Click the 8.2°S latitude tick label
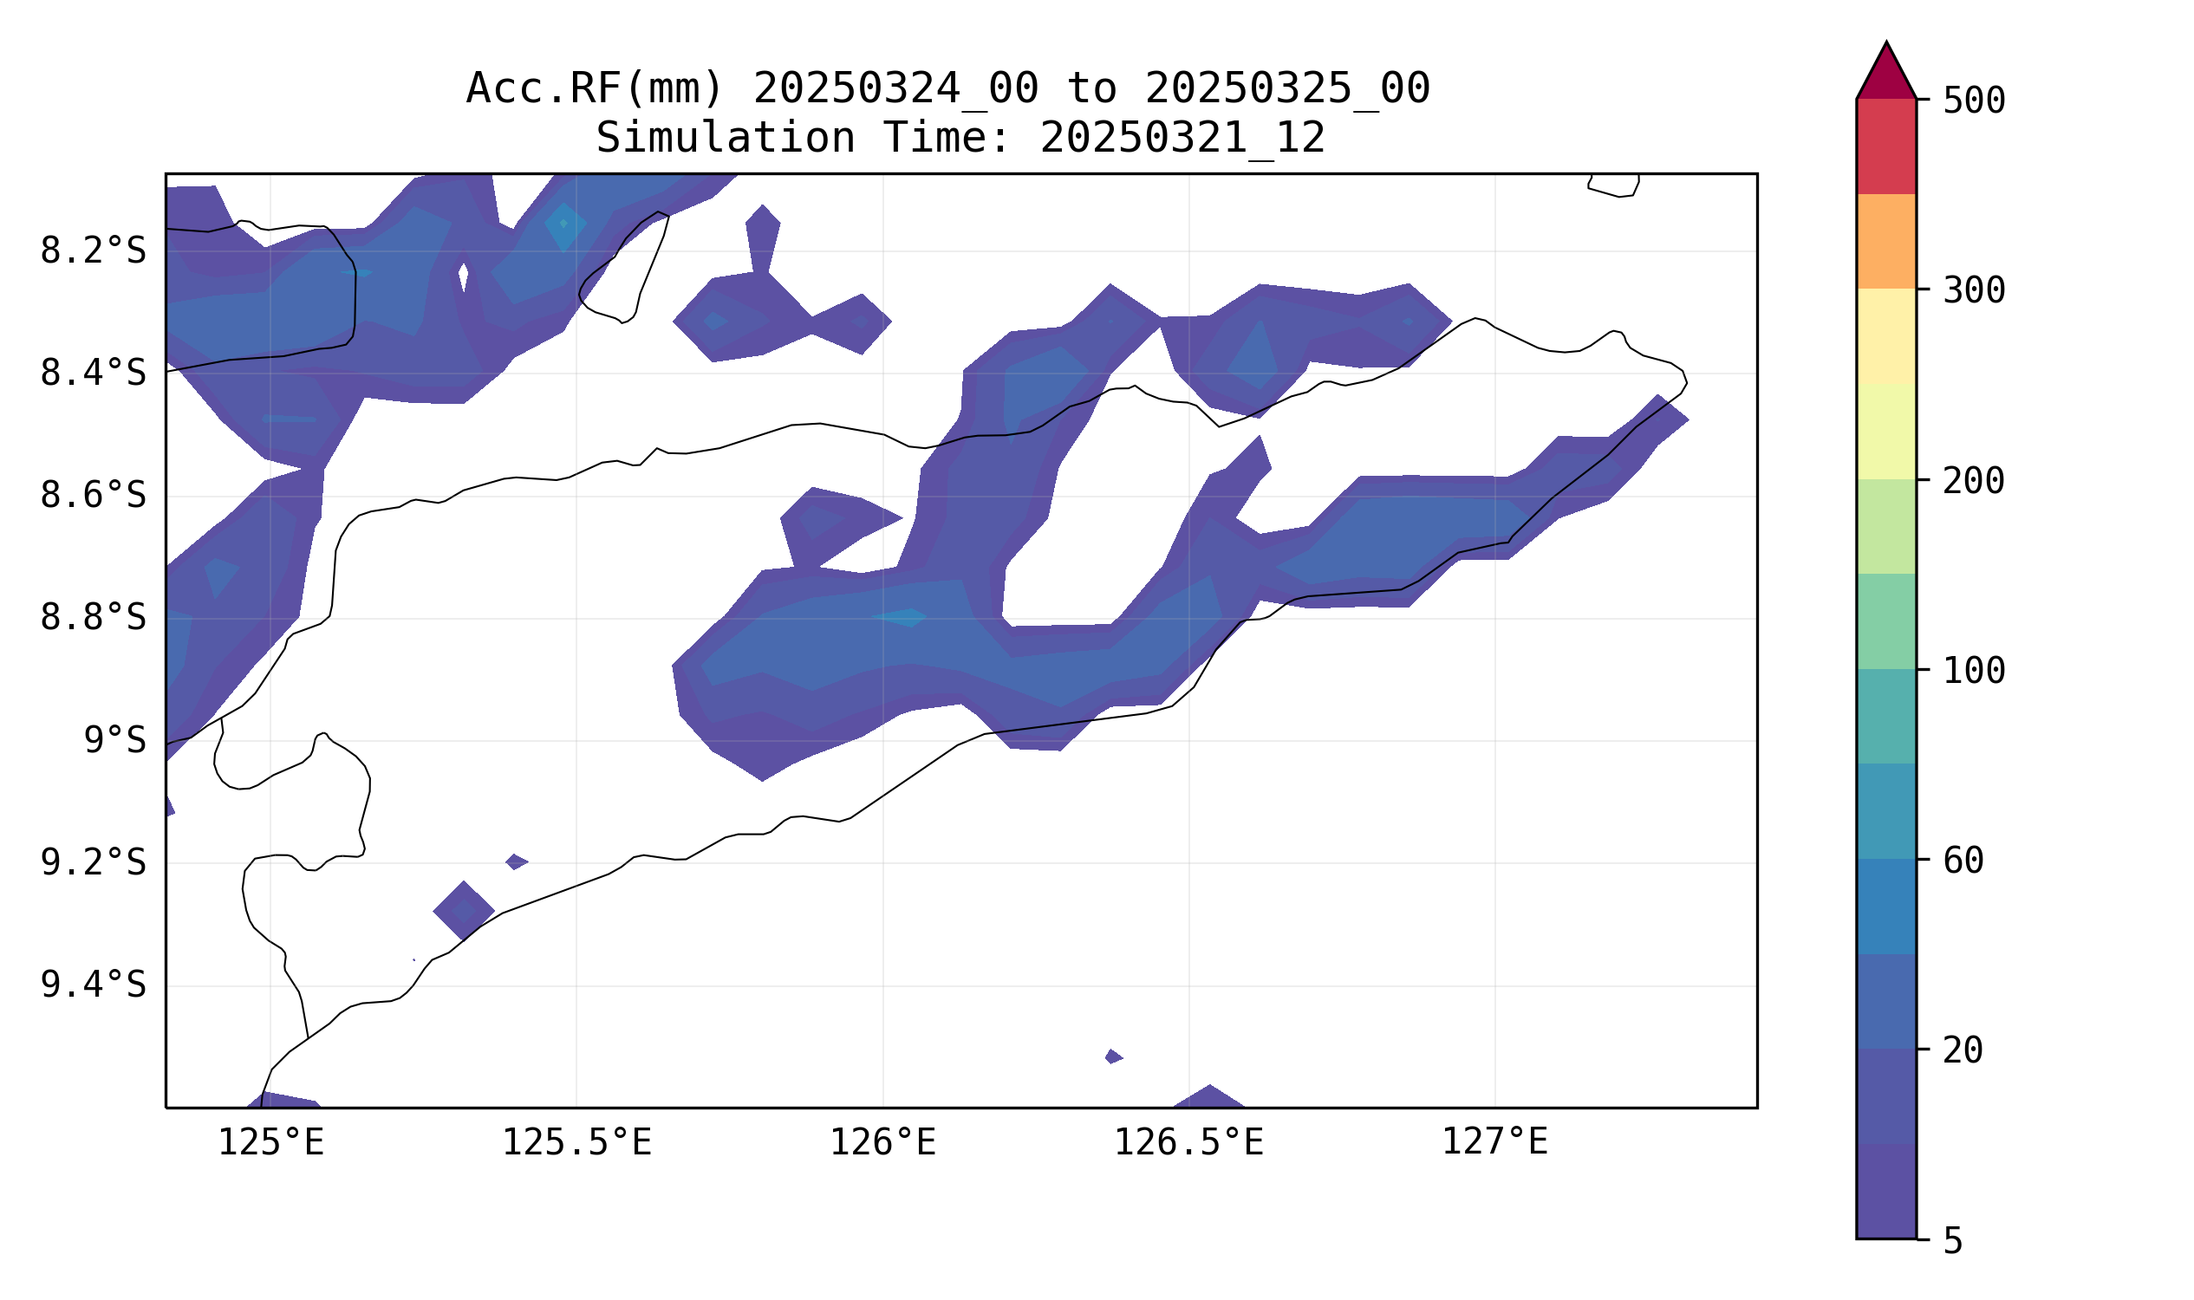coord(93,251)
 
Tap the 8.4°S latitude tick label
coord(93,374)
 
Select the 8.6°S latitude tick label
coord(93,497)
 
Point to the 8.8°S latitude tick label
coord(93,619)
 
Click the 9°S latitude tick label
coord(114,741)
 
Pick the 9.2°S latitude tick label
coord(93,864)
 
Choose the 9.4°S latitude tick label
coord(93,985)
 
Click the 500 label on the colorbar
coord(1974,101)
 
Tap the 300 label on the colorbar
coord(1974,292)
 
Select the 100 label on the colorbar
coord(1974,672)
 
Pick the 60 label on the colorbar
coord(1963,862)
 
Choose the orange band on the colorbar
coord(1886,241)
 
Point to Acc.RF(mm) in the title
coord(595,88)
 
